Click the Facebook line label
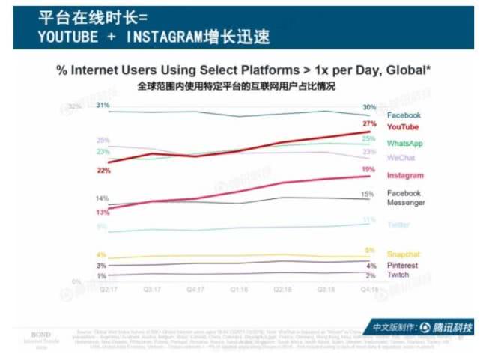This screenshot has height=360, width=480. [404, 115]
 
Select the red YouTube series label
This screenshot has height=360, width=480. [403, 128]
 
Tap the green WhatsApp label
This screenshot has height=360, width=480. [405, 143]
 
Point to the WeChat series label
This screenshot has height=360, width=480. [402, 158]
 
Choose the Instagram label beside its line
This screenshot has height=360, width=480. [405, 175]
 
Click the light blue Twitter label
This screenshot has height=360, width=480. [399, 225]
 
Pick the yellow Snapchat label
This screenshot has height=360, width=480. [403, 254]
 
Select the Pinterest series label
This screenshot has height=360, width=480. [403, 266]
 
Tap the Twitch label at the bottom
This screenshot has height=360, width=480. [398, 275]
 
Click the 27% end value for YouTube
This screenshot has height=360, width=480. [368, 123]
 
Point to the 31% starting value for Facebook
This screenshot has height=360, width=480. [103, 105]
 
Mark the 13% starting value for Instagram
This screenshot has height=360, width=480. [103, 213]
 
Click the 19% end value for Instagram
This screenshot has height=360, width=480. [368, 170]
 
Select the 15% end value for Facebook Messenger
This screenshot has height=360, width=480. [368, 194]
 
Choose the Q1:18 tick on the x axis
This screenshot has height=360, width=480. [238, 287]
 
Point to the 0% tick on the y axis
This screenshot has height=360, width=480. [76, 281]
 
